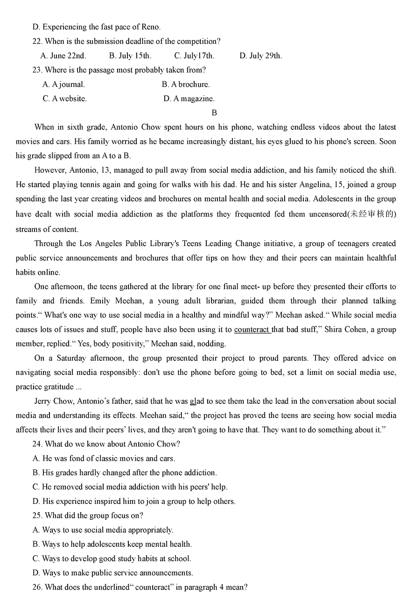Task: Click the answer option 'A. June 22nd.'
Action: coord(63,56)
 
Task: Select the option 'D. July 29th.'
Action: coord(260,56)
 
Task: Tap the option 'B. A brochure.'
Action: coord(186,85)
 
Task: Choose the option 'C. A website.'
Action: coord(64,99)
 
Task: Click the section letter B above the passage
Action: coord(214,113)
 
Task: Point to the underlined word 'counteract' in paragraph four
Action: coord(252,330)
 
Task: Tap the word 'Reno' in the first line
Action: coord(150,27)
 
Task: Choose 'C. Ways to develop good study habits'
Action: coord(112,558)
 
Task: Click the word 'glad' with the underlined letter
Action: coord(197,401)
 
